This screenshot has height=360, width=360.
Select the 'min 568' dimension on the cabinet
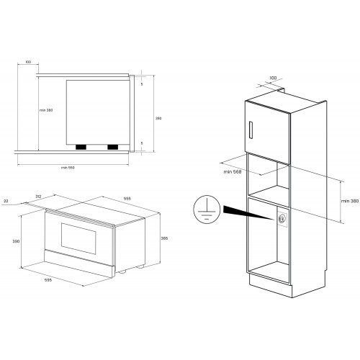(232, 171)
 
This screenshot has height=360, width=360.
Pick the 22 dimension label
(6, 202)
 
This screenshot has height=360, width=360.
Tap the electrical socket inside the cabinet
(282, 217)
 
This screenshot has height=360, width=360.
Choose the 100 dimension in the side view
(27, 63)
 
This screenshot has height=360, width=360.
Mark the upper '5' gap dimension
(143, 84)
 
